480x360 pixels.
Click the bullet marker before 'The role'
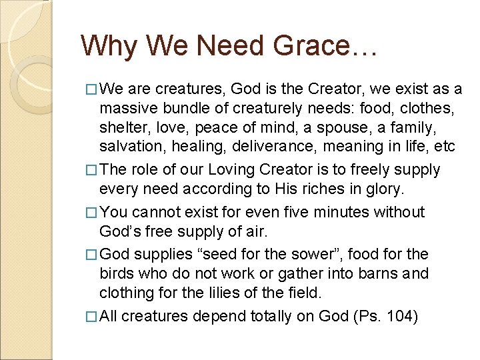pyautogui.click(x=92, y=170)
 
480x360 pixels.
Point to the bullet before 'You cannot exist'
pyautogui.click(x=92, y=213)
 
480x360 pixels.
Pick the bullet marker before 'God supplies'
pyautogui.click(x=92, y=255)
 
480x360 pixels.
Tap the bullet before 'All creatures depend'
pyautogui.click(x=92, y=317)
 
